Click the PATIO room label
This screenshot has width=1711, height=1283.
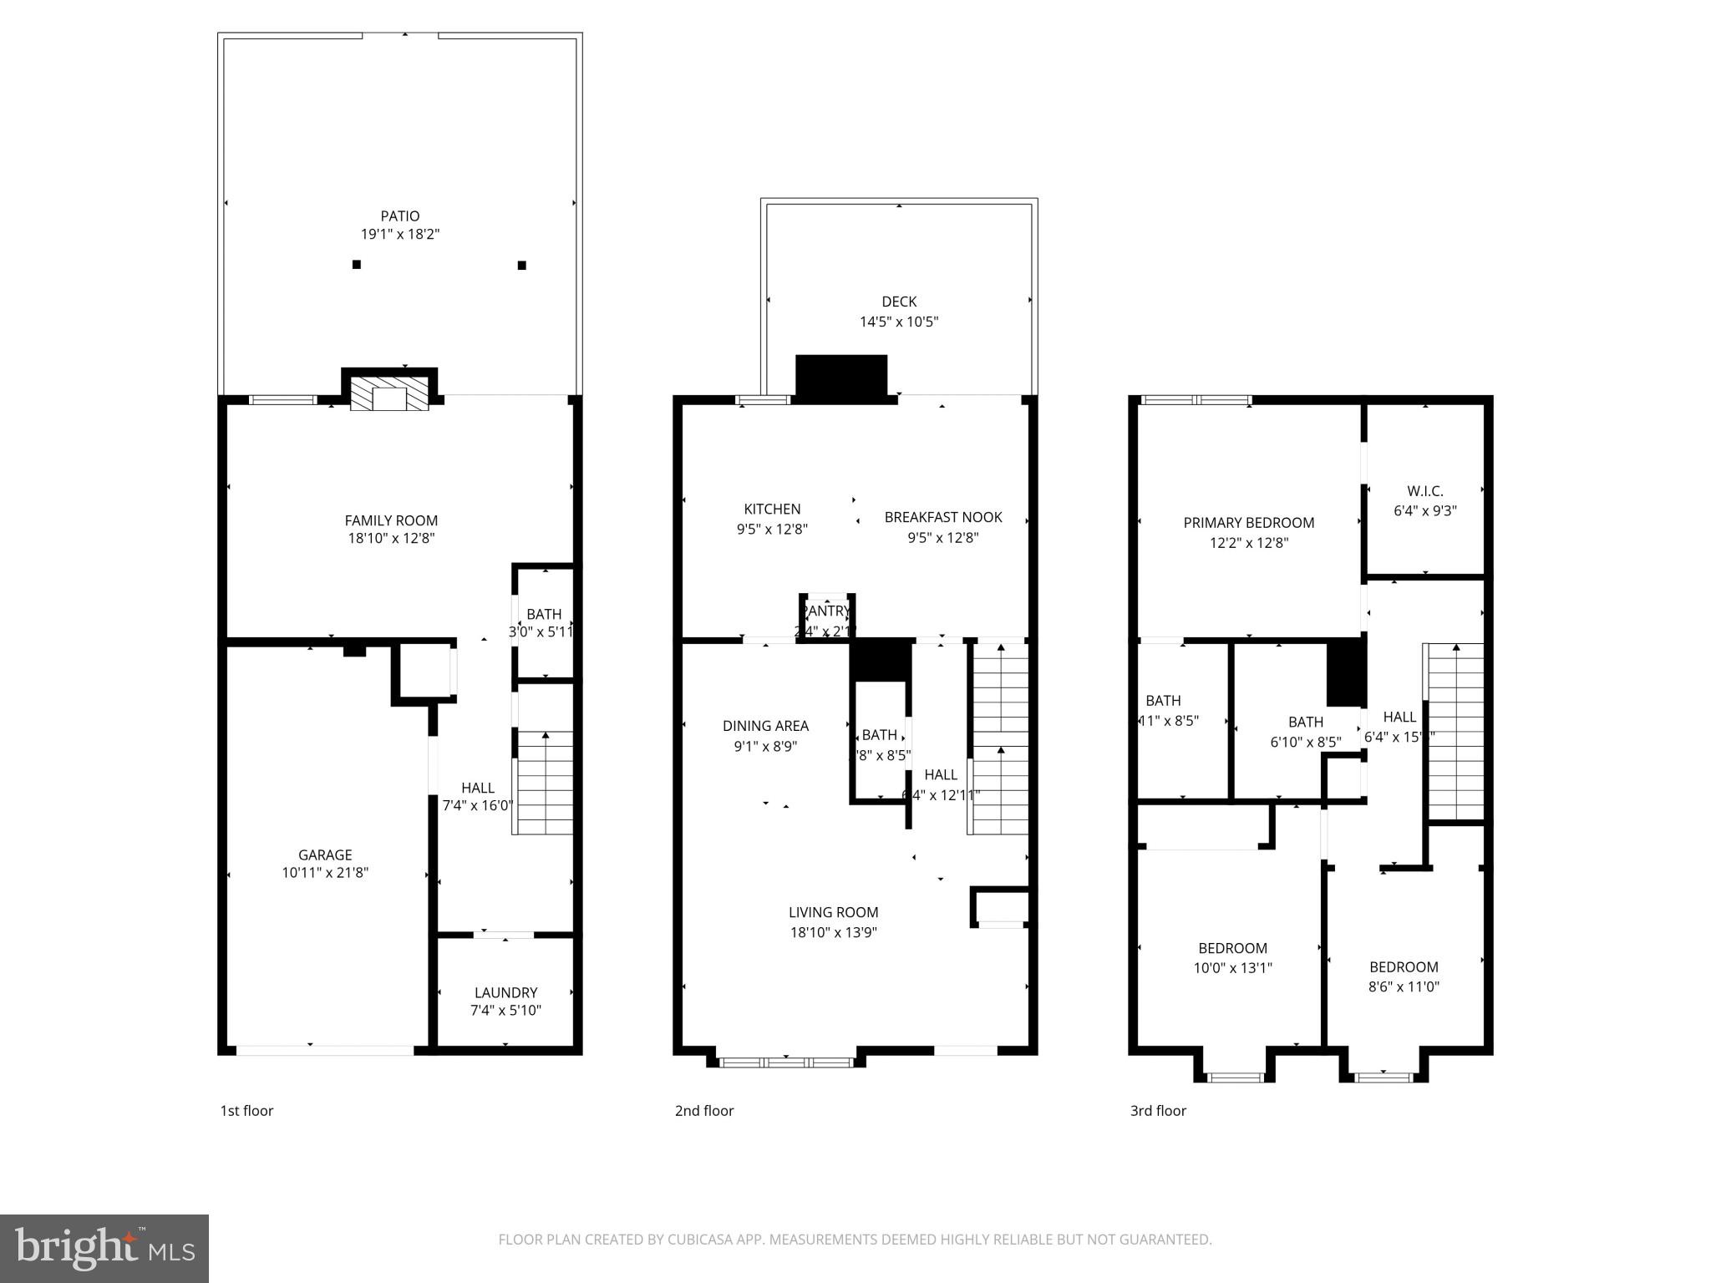coord(399,216)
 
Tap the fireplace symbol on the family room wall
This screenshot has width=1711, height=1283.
coord(388,396)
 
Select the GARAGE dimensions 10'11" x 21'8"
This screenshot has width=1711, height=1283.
coord(325,873)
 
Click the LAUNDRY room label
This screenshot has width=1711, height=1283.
coord(505,992)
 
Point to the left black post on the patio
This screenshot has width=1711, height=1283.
coord(357,265)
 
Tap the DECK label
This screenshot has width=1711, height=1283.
coord(899,302)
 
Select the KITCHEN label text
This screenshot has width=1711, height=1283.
coord(772,509)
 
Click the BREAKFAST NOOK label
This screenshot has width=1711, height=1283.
coord(943,517)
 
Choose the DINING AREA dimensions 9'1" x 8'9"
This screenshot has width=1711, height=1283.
coord(765,746)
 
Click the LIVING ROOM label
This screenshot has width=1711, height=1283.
coord(833,912)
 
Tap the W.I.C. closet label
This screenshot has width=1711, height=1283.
coord(1424,491)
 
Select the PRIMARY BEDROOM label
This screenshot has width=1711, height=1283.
coord(1248,523)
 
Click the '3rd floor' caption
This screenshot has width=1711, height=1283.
coord(1158,1111)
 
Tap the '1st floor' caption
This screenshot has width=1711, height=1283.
coord(246,1111)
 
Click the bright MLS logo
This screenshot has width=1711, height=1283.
coord(104,1249)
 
